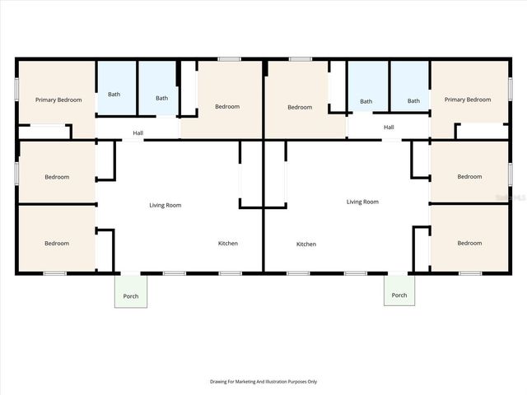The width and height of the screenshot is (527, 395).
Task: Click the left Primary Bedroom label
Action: pos(58,100)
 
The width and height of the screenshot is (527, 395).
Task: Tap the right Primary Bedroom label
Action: pos(468,100)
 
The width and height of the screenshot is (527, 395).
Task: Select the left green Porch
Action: pos(131,291)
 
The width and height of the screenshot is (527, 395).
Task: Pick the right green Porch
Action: pos(399,290)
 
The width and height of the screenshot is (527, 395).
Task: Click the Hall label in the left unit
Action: pos(138,133)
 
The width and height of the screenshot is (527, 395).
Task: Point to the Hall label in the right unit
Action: pos(389,127)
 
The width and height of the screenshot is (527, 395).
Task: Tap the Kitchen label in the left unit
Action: pos(228,244)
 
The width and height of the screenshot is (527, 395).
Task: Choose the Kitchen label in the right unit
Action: pos(306,244)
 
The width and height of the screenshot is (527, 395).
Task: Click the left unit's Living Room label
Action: pos(166,205)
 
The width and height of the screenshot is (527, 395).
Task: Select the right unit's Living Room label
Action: pos(362,202)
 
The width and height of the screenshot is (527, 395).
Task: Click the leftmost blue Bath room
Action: pos(117,88)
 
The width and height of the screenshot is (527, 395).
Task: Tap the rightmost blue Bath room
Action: pos(410,86)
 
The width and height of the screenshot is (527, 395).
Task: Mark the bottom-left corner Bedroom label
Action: pos(57,244)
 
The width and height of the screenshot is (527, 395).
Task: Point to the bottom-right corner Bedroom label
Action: pos(469,243)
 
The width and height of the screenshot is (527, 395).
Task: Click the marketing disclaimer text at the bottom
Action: pos(263,382)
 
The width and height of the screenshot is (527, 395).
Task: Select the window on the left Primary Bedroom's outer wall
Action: pos(16,89)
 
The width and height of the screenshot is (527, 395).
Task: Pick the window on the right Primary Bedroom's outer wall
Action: pos(511,89)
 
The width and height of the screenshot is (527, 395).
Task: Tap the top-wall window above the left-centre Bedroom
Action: pos(229,59)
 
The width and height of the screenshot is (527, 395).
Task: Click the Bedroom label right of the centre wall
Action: pos(300,107)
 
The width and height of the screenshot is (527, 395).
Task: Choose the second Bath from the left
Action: pos(157,88)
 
